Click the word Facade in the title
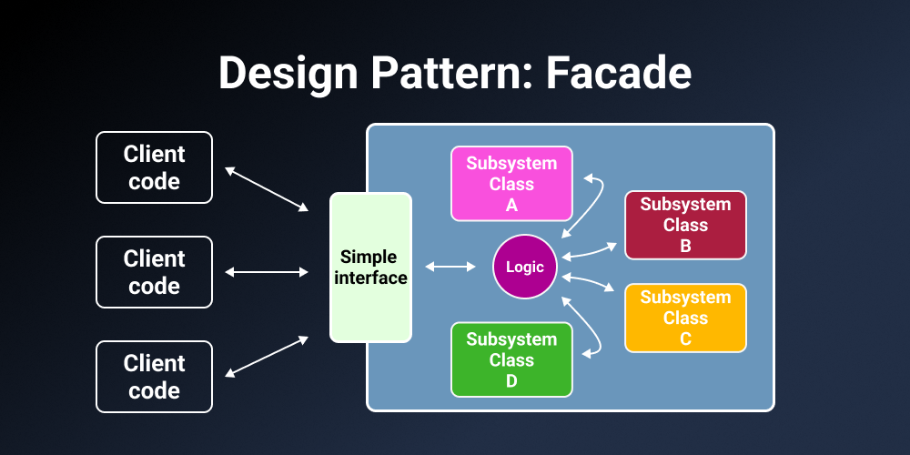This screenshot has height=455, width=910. [x=619, y=73]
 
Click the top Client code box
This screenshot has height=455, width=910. [x=154, y=167]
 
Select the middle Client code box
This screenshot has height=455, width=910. [x=154, y=272]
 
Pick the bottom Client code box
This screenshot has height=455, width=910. [x=154, y=377]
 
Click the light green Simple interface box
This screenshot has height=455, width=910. [x=370, y=268]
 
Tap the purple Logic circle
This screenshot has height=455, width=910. [x=525, y=267]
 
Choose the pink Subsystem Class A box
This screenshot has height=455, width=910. [x=511, y=184]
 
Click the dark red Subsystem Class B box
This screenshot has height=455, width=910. [x=685, y=225]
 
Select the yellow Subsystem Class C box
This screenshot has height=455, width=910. [x=685, y=318]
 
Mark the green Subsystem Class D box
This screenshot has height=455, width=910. [x=511, y=359]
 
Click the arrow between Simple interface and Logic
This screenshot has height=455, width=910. [x=450, y=267]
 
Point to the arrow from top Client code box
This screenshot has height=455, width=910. [x=267, y=189]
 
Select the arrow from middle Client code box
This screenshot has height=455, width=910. [x=267, y=272]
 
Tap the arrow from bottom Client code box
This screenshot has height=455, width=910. [x=267, y=356]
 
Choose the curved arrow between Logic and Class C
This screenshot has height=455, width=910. [x=590, y=283]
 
